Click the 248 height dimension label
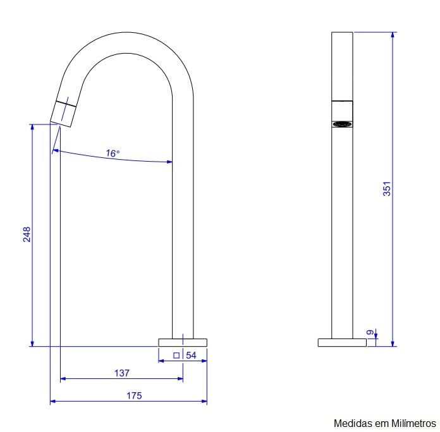[27, 234]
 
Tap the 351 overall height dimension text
[387, 189]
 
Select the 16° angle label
[113, 153]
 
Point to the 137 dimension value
[122, 373]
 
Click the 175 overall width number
[134, 395]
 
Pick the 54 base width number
[191, 355]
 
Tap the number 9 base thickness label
[370, 332]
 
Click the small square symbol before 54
[176, 356]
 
